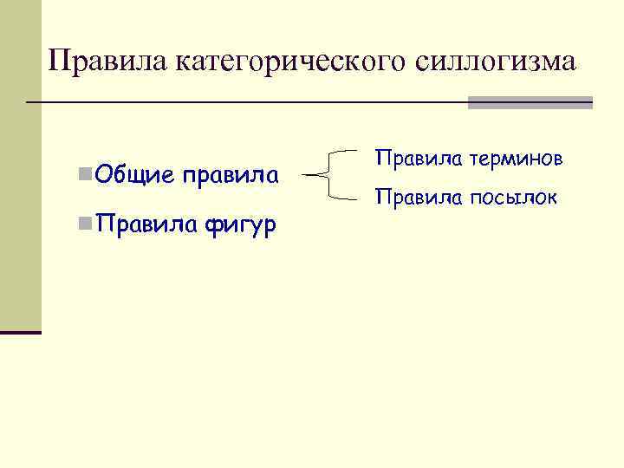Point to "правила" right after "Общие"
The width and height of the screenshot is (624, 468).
point(230,176)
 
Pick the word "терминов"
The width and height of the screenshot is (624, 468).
point(517,159)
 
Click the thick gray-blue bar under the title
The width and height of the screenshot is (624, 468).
point(530,102)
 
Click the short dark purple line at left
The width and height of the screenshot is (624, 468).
point(21,332)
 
